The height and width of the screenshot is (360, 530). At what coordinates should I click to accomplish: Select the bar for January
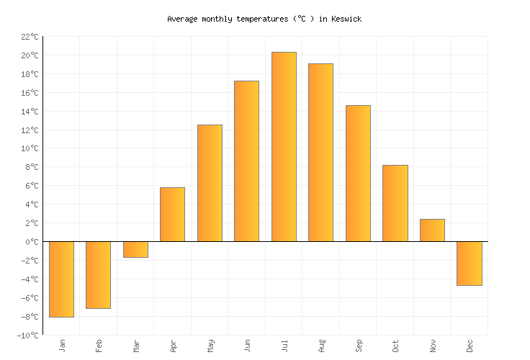(61, 279)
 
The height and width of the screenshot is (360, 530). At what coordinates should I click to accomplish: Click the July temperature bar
(284, 147)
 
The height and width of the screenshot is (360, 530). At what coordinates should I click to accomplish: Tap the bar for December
(470, 264)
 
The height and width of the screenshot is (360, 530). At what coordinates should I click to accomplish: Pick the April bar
(172, 215)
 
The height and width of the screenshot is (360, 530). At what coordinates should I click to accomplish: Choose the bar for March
(135, 250)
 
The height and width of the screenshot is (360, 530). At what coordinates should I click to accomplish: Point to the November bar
(432, 230)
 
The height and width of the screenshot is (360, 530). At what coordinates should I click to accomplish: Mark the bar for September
(358, 174)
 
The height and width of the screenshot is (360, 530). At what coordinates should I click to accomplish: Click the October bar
(395, 203)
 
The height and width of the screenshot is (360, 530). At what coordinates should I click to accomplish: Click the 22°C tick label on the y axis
(30, 37)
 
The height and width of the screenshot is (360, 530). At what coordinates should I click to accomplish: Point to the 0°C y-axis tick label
(32, 242)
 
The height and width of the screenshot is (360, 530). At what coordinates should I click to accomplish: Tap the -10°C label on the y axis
(27, 336)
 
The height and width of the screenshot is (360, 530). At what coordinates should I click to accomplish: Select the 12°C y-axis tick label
(30, 130)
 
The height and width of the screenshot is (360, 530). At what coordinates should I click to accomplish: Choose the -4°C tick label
(30, 279)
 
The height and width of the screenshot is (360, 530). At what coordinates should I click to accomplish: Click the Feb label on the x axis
(99, 346)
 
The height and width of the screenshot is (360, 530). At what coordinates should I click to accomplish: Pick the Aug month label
(321, 346)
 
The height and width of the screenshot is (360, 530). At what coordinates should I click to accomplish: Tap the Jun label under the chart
(247, 346)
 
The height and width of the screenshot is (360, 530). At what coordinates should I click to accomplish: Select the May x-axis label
(210, 346)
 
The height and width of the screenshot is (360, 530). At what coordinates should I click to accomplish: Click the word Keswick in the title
(346, 19)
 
